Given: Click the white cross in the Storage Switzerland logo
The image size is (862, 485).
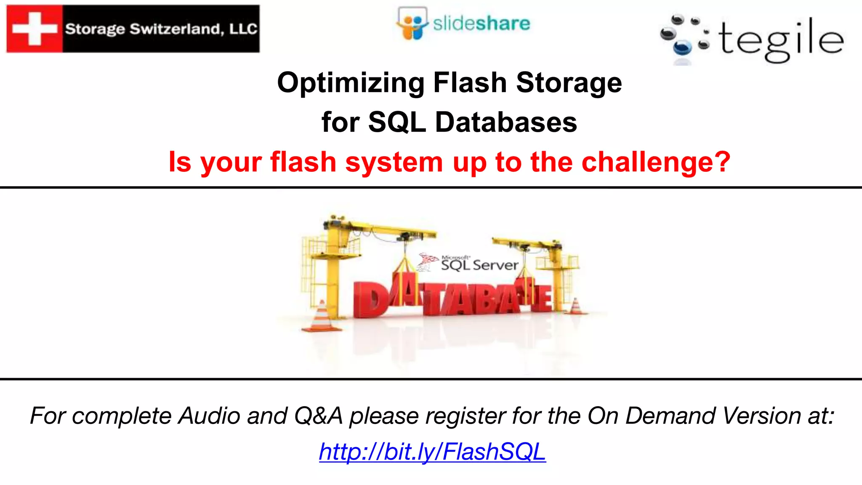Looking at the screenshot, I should (35, 29).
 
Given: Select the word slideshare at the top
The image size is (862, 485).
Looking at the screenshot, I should (482, 24).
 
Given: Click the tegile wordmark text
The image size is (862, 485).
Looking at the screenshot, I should (781, 40).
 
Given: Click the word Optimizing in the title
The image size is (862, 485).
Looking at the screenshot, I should (351, 83).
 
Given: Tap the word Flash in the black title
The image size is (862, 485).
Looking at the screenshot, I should (470, 83).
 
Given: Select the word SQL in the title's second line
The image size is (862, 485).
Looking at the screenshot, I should (397, 123).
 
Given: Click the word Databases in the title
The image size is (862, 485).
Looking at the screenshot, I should (506, 123).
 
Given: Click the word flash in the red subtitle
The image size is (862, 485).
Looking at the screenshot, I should (303, 162).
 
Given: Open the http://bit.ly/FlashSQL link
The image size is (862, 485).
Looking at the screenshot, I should (432, 452).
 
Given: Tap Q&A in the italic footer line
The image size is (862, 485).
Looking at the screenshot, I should (318, 416).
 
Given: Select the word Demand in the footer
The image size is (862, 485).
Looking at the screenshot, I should (670, 416).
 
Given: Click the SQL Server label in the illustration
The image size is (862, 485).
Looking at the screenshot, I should (479, 265).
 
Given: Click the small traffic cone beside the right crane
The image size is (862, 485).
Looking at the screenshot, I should (575, 306).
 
